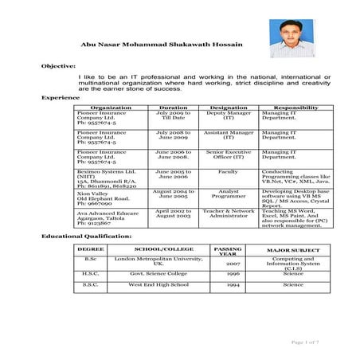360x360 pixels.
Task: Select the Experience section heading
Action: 59,97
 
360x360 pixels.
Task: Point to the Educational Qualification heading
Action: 87,237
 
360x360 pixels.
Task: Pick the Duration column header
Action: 174,107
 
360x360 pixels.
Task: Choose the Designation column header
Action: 228,107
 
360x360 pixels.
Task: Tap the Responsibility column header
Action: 295,107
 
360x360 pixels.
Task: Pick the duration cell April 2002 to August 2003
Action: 174,214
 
